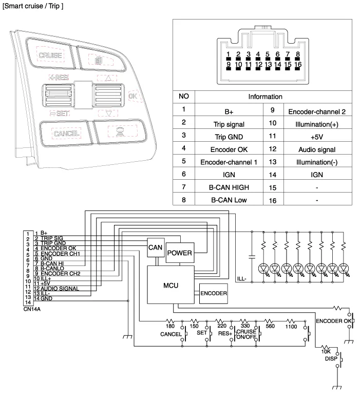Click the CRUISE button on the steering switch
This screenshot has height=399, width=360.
(x=50, y=55)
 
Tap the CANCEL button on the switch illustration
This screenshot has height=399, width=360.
(x=66, y=134)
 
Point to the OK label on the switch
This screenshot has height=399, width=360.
(x=132, y=96)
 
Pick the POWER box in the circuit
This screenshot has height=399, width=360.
(x=180, y=253)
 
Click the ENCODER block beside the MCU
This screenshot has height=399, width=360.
(x=213, y=294)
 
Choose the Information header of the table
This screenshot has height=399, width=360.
(x=266, y=96)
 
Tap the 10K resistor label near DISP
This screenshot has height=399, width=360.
(x=326, y=351)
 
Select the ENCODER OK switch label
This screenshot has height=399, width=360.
(x=333, y=321)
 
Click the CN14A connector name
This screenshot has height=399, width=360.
(x=32, y=310)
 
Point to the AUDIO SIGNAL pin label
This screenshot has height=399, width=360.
(x=60, y=289)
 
